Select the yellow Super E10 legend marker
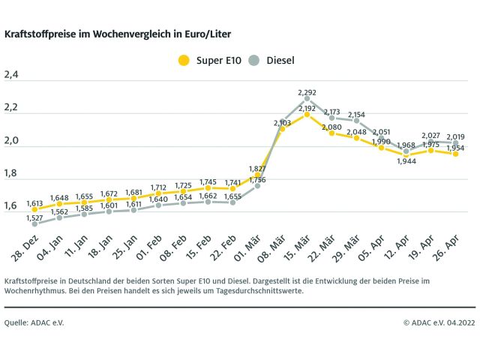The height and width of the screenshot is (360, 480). [182, 59]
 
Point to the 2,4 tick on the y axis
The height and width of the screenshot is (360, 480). [11, 74]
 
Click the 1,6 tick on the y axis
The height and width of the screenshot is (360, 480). [11, 205]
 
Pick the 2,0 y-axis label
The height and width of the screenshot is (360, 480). [11, 140]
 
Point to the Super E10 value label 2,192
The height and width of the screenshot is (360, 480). [307, 109]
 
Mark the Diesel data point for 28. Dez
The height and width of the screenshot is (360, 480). [34, 223]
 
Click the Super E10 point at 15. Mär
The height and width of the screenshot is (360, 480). [307, 115]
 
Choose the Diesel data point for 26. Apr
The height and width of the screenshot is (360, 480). [455, 142]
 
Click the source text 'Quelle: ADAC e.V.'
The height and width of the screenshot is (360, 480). [34, 322]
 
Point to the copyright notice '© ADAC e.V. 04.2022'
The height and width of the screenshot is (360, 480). [439, 322]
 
